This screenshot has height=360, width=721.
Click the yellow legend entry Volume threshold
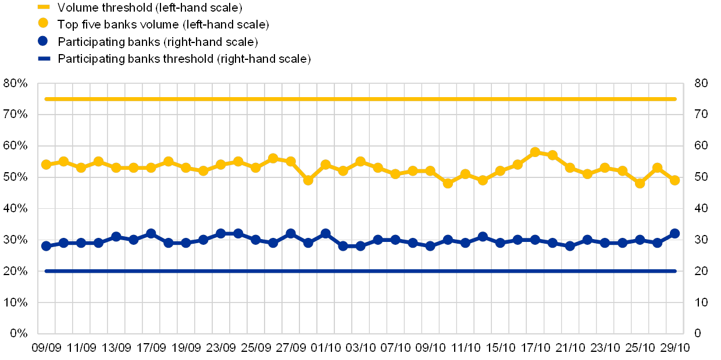[140, 8]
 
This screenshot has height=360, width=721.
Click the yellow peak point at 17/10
[535, 152]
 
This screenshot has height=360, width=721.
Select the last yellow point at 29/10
[674, 180]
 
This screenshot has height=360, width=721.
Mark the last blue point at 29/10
[674, 233]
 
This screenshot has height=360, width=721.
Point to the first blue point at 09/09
[46, 245]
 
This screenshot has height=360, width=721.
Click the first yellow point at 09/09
[46, 165]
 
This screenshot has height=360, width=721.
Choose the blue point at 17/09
[151, 233]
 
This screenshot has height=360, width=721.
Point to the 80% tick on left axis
[16, 84]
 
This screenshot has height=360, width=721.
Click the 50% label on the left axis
[16, 177]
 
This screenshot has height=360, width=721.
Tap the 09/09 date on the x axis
[45, 348]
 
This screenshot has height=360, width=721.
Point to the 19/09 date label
[186, 348]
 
